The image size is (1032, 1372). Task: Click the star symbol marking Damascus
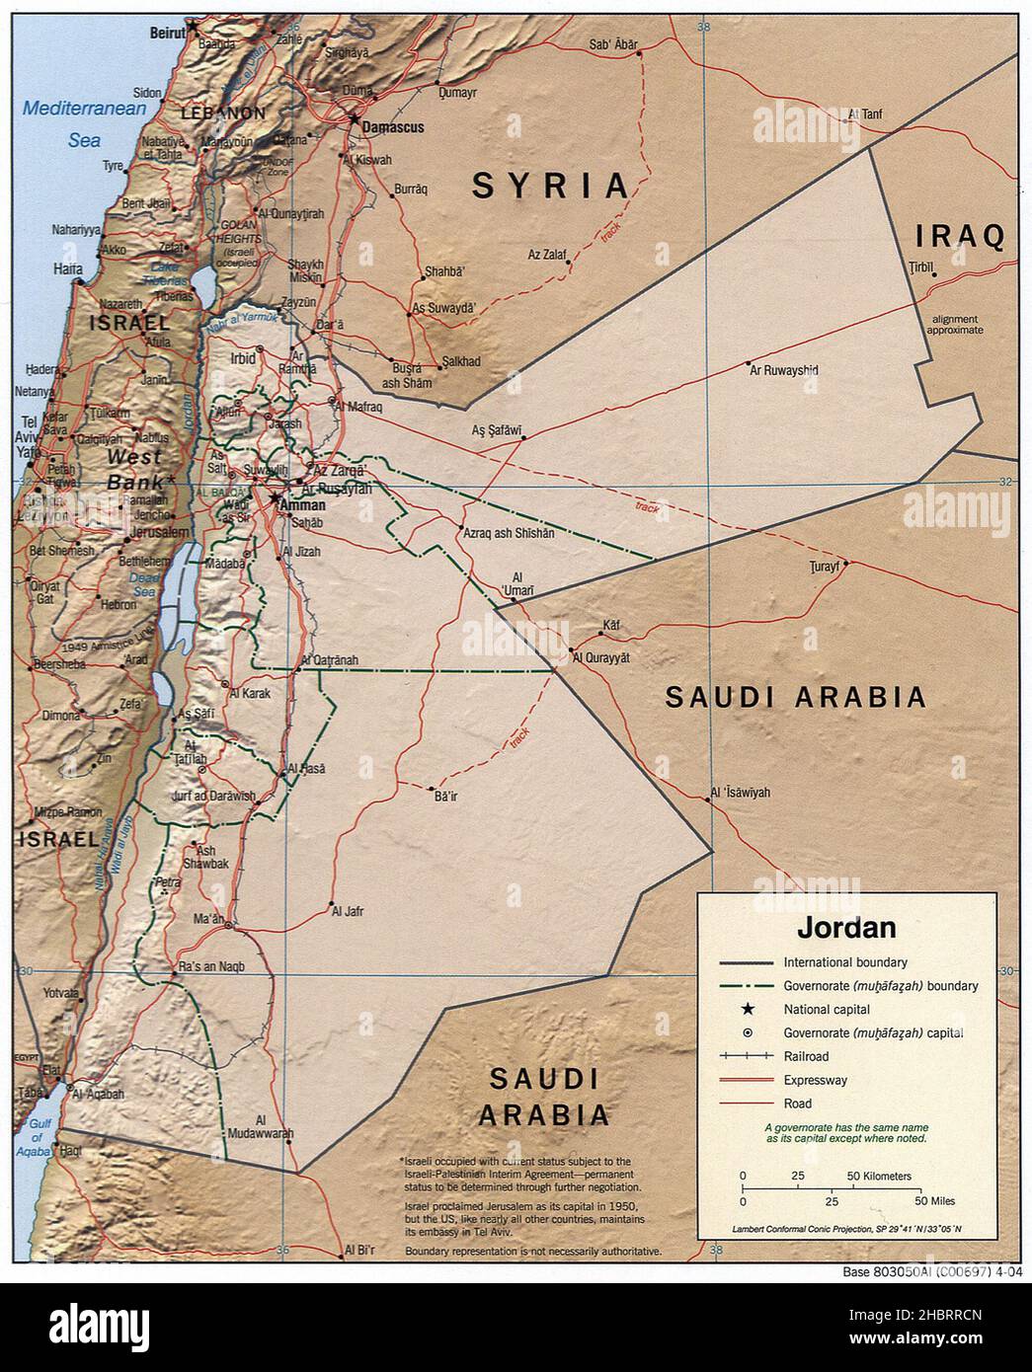tap(354, 118)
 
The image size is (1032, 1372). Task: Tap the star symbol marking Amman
tap(274, 497)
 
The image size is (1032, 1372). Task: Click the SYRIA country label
tap(550, 186)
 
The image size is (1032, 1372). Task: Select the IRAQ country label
tap(960, 236)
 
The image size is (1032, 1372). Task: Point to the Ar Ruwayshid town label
tap(784, 371)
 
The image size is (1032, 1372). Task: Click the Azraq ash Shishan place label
tap(509, 532)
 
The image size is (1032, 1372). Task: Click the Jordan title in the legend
tap(846, 927)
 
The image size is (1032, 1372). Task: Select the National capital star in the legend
tap(748, 1009)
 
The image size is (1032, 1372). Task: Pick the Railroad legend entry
tap(807, 1056)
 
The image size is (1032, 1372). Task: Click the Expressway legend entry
tap(815, 1080)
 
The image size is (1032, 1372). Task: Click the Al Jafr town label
tap(348, 911)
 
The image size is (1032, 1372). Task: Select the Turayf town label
tap(824, 566)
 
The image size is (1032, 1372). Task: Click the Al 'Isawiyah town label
tap(741, 793)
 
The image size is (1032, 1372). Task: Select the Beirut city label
tap(167, 33)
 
